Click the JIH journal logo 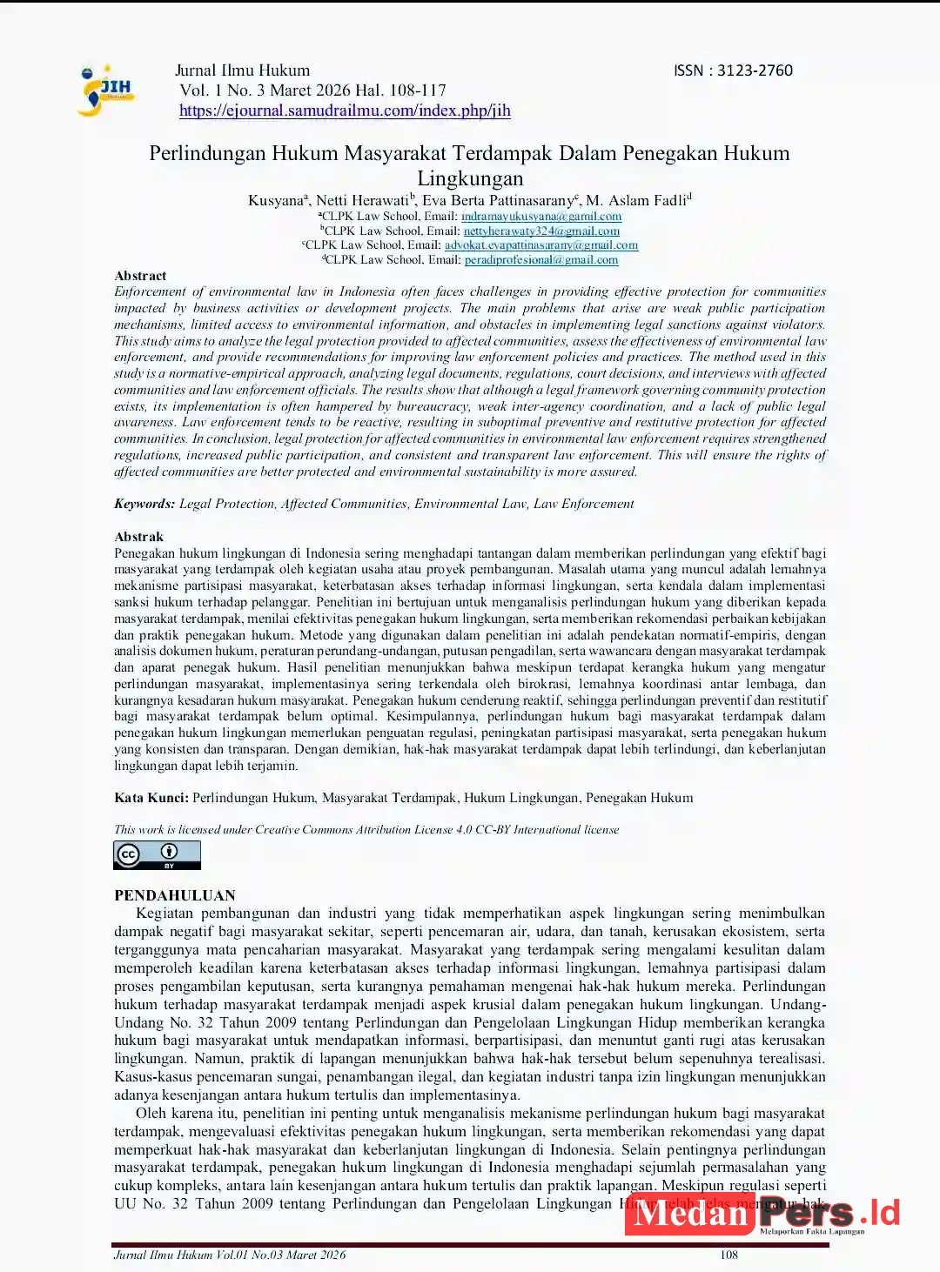106,90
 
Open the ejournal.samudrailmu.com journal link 345,110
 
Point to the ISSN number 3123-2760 755,70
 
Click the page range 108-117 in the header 419,90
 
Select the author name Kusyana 275,201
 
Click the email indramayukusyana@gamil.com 541,217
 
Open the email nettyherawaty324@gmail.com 541,231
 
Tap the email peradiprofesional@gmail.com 541,260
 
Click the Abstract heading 140,276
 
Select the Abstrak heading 139,537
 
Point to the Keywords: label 144,504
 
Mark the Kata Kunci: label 151,798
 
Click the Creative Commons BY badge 157,854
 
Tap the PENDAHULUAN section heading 175,895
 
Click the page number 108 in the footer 728,1255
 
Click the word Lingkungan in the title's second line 470,178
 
